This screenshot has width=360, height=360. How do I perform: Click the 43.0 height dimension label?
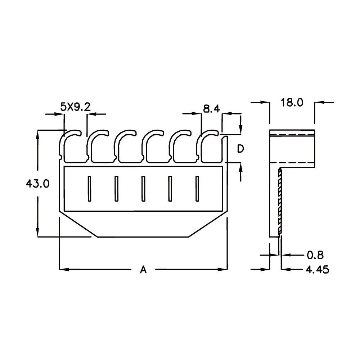[x=37, y=184]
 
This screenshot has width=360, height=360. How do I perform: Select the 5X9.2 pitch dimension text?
[x=75, y=107]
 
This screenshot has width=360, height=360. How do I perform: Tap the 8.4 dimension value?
[x=211, y=108]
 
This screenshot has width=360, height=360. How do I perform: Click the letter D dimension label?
[x=240, y=149]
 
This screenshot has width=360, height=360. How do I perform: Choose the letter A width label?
[x=143, y=269]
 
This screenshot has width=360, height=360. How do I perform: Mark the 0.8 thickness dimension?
[x=315, y=255]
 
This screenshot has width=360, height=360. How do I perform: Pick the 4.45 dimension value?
[x=317, y=270]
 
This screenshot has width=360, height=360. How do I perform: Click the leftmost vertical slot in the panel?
[x=90, y=189]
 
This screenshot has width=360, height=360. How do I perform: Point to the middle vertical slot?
[x=143, y=189]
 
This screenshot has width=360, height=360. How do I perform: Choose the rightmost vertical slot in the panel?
[x=197, y=189]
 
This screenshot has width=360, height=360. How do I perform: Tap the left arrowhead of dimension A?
[x=64, y=269]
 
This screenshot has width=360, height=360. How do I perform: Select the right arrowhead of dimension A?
[x=222, y=269]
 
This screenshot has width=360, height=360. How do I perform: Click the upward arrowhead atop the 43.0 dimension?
[x=38, y=135]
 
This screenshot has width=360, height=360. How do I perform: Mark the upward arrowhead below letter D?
[x=240, y=167]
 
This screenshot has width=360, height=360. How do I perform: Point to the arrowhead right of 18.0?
[x=319, y=102]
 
